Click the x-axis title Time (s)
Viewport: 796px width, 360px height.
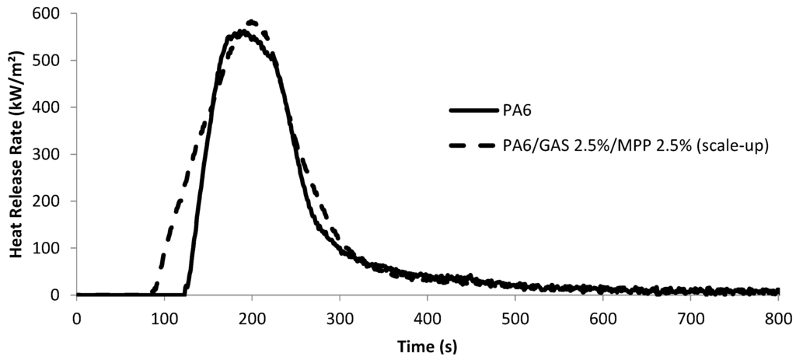426,344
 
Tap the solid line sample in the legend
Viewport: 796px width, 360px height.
473,110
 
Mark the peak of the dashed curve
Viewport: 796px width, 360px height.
251,22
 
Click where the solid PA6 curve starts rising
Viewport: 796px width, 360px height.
184,293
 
